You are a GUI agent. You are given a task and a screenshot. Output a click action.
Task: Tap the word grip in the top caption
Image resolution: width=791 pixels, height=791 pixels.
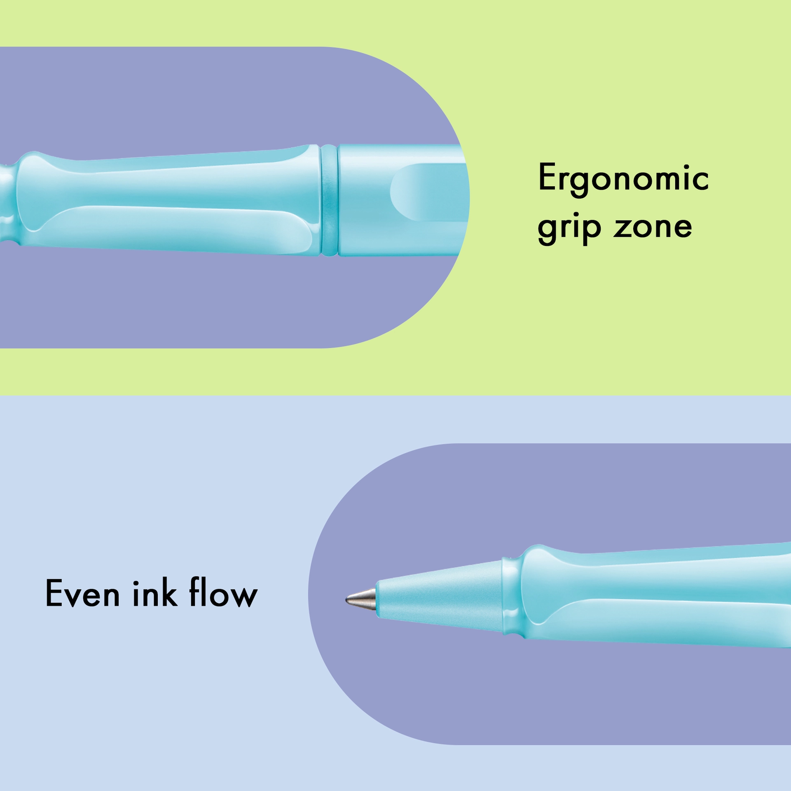pyautogui.click(x=569, y=229)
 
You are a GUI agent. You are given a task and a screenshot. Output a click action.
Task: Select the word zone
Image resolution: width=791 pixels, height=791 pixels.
pyautogui.click(x=653, y=227)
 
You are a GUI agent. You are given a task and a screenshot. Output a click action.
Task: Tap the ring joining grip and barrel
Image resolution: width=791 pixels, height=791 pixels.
pyautogui.click(x=329, y=200)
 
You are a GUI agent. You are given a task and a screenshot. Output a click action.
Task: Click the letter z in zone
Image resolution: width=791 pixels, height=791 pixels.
pyautogui.click(x=623, y=227)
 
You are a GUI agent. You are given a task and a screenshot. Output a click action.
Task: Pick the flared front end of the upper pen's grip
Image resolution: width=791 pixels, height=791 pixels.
pyautogui.click(x=25, y=199)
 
